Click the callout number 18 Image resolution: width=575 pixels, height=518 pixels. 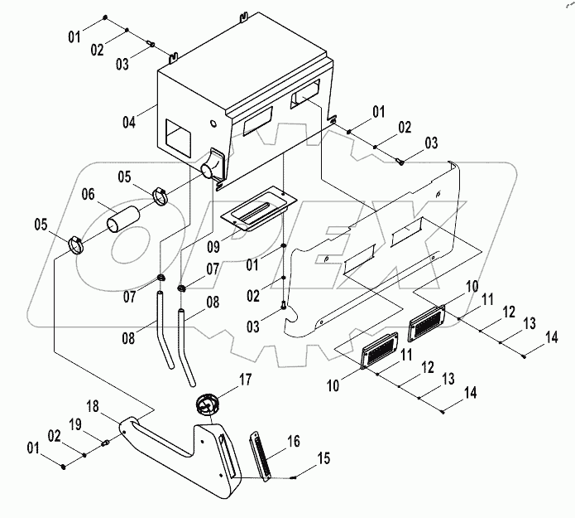click(x=93, y=406)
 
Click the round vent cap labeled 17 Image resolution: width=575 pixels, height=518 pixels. click(x=208, y=406)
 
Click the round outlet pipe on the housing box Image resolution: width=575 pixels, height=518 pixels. click(x=211, y=168)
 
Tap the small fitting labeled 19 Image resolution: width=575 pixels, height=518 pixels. click(x=106, y=443)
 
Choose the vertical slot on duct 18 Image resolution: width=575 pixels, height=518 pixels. click(x=226, y=457)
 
